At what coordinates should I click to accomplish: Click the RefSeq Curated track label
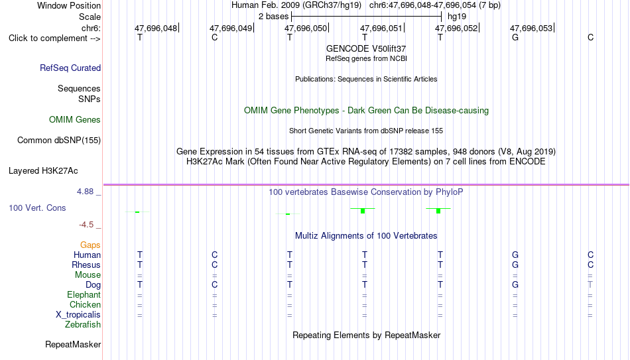(x=70, y=68)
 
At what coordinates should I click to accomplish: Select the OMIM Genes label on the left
(x=75, y=120)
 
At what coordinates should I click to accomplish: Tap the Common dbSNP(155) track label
(x=59, y=141)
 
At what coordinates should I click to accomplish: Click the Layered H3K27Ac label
(x=43, y=171)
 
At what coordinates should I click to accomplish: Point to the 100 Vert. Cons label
(x=37, y=208)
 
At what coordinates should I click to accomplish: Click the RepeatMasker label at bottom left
(x=73, y=344)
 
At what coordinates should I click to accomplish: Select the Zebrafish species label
(x=83, y=324)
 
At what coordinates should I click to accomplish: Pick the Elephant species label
(x=84, y=294)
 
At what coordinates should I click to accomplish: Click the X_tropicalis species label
(x=78, y=315)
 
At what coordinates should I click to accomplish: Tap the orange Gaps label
(x=90, y=245)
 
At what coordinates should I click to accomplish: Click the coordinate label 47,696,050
(x=306, y=28)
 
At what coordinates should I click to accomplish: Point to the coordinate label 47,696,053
(x=531, y=28)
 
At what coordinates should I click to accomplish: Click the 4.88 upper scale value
(x=85, y=192)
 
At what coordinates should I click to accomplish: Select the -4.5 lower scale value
(x=86, y=225)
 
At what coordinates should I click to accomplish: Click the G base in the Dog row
(x=515, y=284)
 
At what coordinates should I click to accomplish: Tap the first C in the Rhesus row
(x=215, y=265)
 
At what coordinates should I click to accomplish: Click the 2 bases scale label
(x=274, y=17)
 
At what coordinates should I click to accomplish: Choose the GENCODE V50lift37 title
(x=366, y=48)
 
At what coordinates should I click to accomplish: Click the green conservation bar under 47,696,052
(x=438, y=211)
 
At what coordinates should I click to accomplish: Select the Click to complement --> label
(x=54, y=38)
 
